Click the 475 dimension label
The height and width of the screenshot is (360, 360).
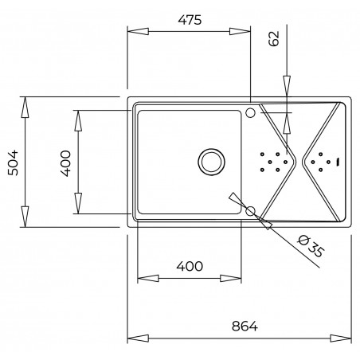[x=190, y=20]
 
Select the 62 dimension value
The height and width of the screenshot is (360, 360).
[x=274, y=38]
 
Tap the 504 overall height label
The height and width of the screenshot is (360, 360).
[x=13, y=162]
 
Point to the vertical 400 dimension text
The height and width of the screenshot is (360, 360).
[x=66, y=163]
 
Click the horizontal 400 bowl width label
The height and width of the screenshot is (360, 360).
[x=190, y=266]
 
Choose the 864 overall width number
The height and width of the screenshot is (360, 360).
[x=245, y=326]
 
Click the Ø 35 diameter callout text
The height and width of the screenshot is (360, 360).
[x=311, y=246]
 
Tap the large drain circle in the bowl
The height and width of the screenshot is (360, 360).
[x=211, y=162]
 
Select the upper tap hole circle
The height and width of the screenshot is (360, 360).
[x=250, y=112]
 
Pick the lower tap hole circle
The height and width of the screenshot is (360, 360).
[x=250, y=211]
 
